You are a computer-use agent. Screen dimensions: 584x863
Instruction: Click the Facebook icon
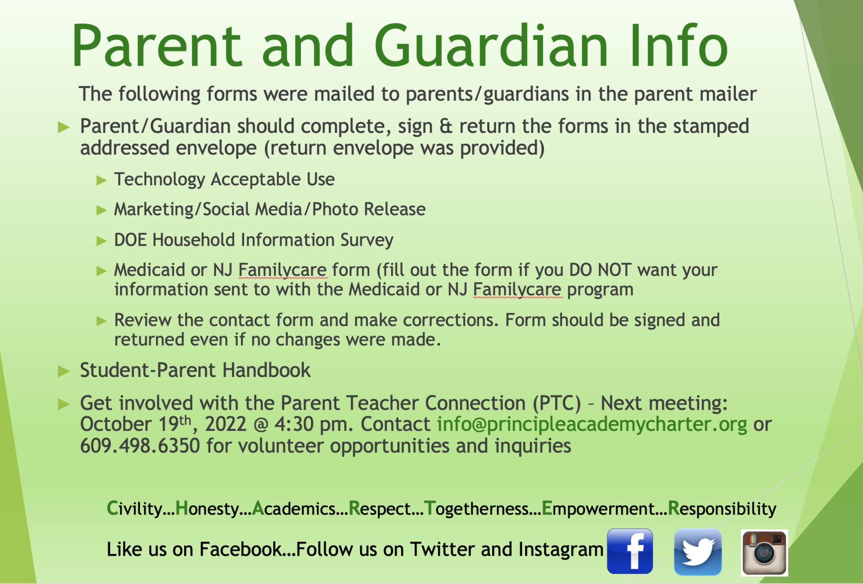pos(630,551)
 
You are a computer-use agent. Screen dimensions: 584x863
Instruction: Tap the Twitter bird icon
pos(698,552)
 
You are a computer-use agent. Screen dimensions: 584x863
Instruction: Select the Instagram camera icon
pos(764,552)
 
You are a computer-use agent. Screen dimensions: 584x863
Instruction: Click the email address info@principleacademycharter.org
pos(592,424)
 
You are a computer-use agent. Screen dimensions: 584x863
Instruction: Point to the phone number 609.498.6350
pos(140,446)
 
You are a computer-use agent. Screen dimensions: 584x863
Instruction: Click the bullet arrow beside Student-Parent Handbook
pos(64,371)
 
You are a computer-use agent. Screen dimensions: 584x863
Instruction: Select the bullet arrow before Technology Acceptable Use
pos(101,180)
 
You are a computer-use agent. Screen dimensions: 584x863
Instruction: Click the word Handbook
pos(266,370)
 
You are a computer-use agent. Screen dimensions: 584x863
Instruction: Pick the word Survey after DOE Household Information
pos(367,240)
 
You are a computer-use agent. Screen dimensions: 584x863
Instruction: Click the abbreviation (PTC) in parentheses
pos(556,403)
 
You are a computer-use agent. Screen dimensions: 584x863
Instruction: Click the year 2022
pos(225,424)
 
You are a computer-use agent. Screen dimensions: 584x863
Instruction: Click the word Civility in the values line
pos(134,509)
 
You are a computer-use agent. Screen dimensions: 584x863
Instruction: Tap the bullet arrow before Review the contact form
pos(101,321)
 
